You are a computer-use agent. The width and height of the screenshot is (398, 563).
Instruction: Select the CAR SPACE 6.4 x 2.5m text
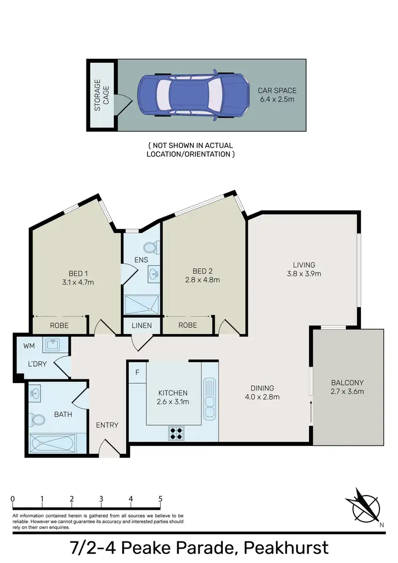pyautogui.click(x=276, y=94)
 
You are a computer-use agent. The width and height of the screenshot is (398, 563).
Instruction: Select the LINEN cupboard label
pyautogui.click(x=141, y=325)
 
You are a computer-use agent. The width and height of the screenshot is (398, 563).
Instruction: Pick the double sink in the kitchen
pyautogui.click(x=210, y=399)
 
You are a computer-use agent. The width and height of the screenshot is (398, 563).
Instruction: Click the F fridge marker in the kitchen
pyautogui.click(x=137, y=372)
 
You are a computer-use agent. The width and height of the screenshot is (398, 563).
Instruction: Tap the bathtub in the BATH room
pyautogui.click(x=53, y=442)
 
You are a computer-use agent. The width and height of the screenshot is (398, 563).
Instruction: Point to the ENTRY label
pyautogui.click(x=107, y=425)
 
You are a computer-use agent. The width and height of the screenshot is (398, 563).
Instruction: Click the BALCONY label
pyautogui.click(x=347, y=383)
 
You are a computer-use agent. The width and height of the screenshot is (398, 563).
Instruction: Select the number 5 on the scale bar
pyautogui.click(x=160, y=499)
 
